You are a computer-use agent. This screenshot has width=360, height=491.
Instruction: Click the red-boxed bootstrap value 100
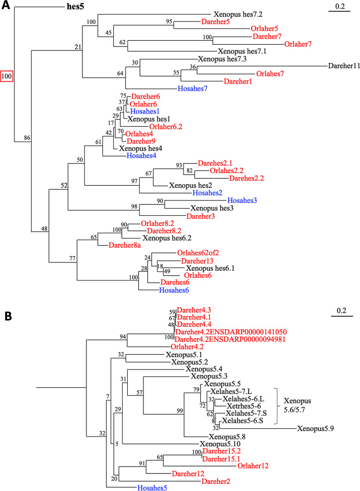pos(7,76)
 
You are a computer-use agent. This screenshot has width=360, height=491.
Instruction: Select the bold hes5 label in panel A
pos(76,7)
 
